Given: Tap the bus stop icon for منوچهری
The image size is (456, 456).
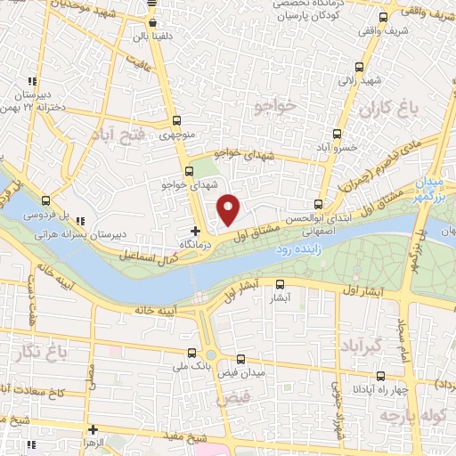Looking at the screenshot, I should tap(175, 122).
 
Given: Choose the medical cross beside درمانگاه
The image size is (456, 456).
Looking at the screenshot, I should tap(196, 232).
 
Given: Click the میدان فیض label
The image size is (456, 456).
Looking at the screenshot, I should tap(239, 371).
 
